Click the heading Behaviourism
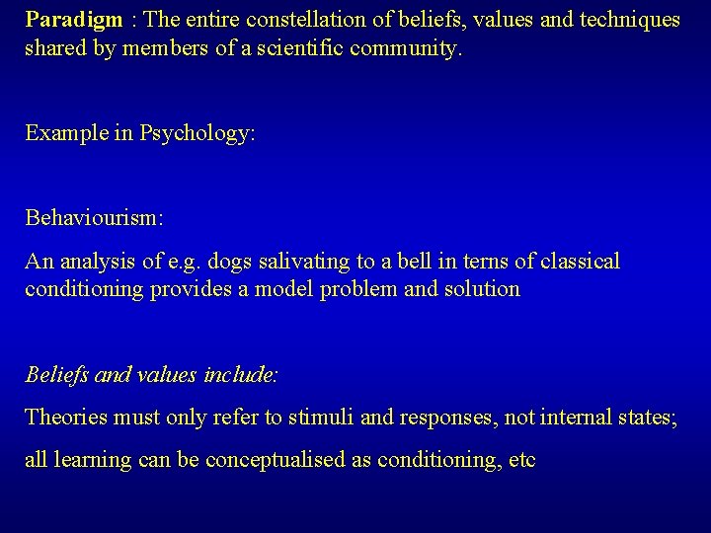pos(94,218)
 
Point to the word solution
pos(485,290)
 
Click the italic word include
pos(245,376)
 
